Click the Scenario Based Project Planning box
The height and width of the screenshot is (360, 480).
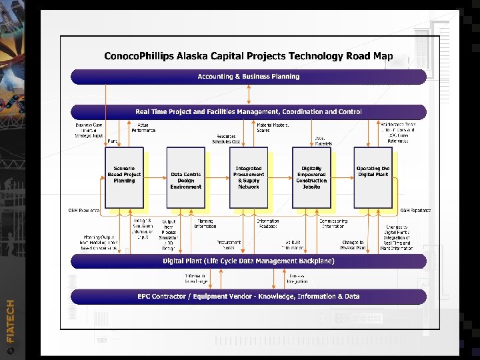click(124, 177)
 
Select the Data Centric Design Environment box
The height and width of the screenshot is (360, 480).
click(186, 179)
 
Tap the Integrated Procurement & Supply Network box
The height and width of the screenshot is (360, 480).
click(249, 177)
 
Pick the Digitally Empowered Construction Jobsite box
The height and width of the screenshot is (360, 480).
click(311, 177)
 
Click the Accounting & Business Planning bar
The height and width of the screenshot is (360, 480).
click(249, 77)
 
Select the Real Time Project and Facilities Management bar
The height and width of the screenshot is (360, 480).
click(249, 112)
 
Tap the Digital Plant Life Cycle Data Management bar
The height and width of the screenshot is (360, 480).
click(249, 261)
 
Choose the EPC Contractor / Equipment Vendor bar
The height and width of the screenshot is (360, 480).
click(249, 296)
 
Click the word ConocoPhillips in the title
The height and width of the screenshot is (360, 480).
click(141, 56)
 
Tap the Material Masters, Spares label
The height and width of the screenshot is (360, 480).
click(273, 127)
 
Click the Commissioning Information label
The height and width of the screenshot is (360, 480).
click(333, 223)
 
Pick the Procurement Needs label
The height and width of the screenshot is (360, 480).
click(229, 245)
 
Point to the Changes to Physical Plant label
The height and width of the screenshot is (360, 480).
click(353, 245)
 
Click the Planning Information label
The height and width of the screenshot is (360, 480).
click(205, 223)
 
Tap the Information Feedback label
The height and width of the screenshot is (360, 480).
click(267, 223)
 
